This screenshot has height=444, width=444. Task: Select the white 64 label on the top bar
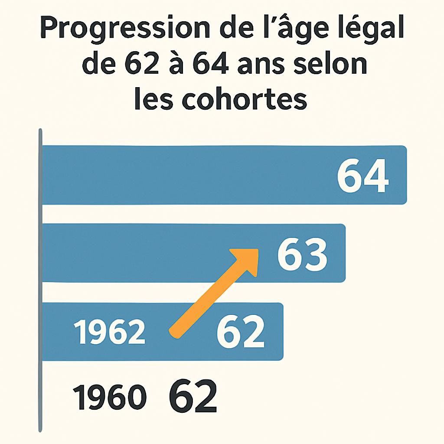[362, 176]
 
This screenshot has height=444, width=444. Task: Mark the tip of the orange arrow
[257, 251]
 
